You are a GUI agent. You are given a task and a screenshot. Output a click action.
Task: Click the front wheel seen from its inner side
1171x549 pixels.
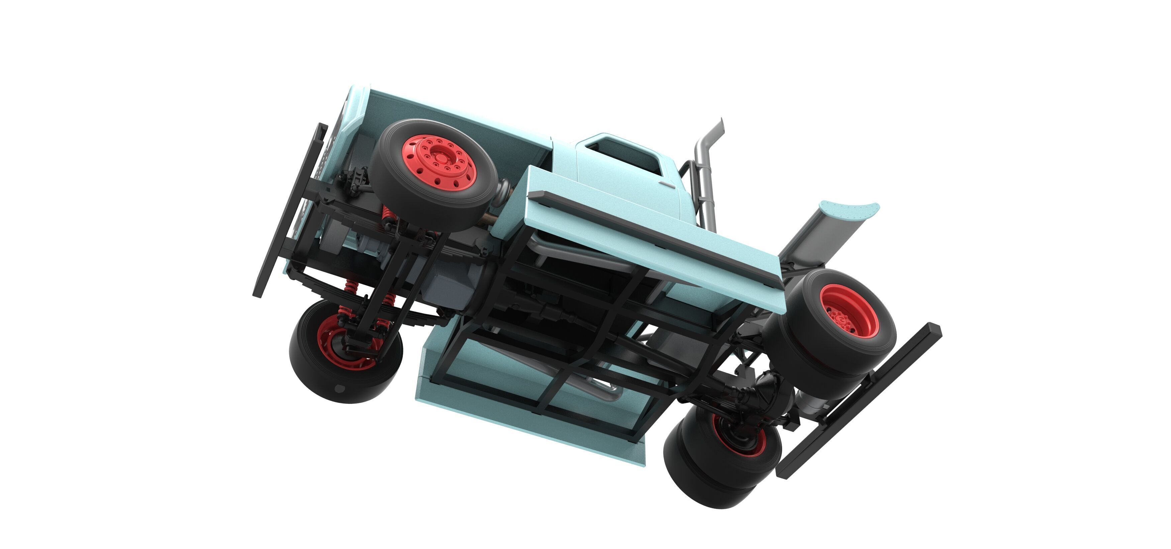point(346,350)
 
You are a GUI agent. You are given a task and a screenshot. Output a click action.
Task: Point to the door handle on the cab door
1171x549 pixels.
point(669,185)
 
